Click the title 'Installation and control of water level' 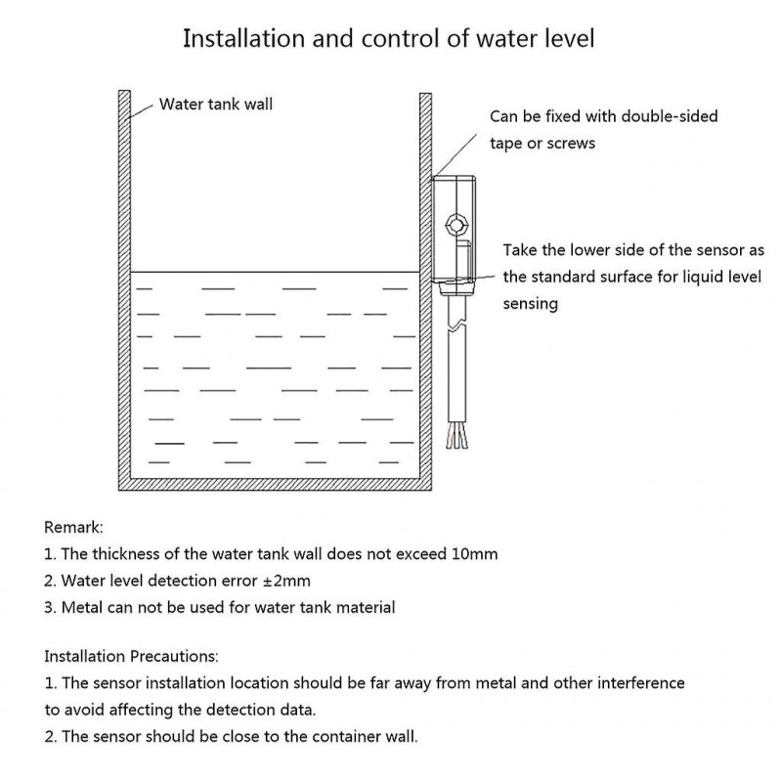tap(389, 40)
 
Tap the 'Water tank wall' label tap(216, 104)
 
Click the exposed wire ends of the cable tap(456, 439)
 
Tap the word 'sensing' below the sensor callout tap(530, 303)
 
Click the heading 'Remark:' tap(73, 527)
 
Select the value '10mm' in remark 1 tap(474, 554)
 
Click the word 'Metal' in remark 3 tap(82, 607)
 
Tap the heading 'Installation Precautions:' tap(132, 656)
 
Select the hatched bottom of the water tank tap(274, 484)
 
